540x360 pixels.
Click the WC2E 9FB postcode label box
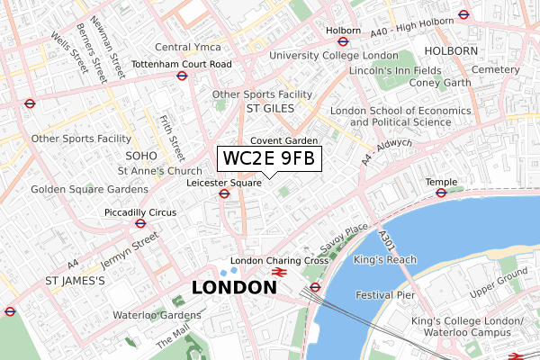(267, 159)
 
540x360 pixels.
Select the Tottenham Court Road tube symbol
(182, 76)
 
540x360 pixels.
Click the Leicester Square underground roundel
(223, 193)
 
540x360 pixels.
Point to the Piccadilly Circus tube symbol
(139, 223)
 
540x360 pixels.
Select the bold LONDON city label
(234, 288)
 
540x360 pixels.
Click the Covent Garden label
(283, 140)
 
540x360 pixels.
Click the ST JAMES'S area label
(76, 281)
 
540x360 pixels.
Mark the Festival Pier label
(385, 294)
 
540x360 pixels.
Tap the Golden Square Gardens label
(89, 190)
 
